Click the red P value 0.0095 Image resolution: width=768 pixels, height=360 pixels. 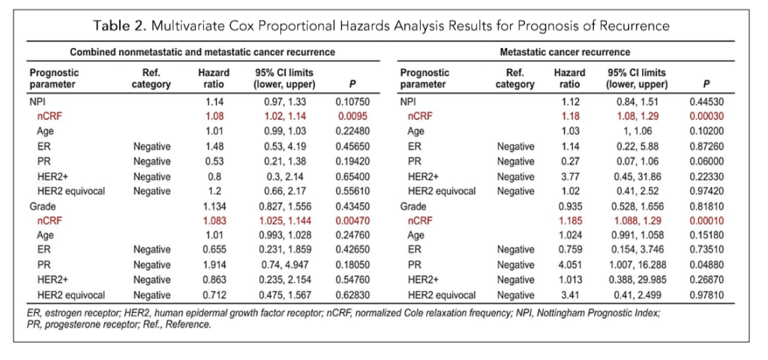[352, 116]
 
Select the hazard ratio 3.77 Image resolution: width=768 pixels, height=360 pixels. [569, 175]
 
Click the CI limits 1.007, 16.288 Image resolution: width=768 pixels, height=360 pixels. [635, 265]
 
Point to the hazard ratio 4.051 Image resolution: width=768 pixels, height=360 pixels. [569, 265]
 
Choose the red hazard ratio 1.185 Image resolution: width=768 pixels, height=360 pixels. [569, 220]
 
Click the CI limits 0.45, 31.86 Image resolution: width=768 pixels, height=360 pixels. [635, 175]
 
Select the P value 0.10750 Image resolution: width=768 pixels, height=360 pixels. [352, 102]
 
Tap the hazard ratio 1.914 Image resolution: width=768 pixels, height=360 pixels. [214, 265]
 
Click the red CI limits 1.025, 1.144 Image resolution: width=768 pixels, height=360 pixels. [284, 220]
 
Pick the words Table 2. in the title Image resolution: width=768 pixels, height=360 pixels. [119, 26]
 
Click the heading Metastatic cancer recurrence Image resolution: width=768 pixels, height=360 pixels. [565, 52]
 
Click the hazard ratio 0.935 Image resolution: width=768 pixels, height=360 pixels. [569, 205]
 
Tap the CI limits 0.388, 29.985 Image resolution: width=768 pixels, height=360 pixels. [635, 280]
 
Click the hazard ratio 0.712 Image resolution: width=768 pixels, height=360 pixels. [214, 295]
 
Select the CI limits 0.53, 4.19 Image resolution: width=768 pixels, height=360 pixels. [284, 146]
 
